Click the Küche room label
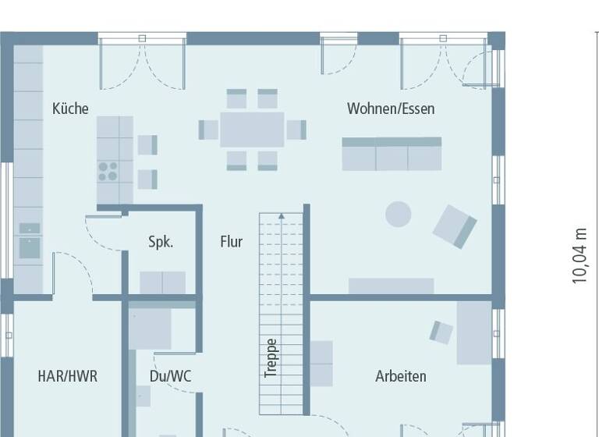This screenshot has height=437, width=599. [x=70, y=108]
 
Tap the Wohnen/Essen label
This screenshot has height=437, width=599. [x=391, y=108]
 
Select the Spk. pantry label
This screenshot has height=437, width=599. [x=161, y=242]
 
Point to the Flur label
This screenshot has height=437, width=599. [x=231, y=242]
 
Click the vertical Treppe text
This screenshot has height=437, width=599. [x=271, y=358]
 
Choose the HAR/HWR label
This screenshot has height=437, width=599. [x=68, y=376]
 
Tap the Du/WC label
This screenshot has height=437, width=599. [x=170, y=376]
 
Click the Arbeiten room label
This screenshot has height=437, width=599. [x=401, y=376]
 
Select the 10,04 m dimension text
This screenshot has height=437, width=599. [x=580, y=255]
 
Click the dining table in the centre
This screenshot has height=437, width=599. [x=252, y=130]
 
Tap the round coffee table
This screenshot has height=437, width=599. [x=399, y=215]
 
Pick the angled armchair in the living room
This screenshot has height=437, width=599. [x=455, y=226]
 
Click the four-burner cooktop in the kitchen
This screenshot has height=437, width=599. [x=108, y=171]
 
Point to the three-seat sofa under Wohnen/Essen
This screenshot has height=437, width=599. [x=392, y=154]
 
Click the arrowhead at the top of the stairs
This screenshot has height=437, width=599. [x=281, y=215]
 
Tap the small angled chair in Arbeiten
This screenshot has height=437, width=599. [x=441, y=332]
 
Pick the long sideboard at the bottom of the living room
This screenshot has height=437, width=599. [x=391, y=286]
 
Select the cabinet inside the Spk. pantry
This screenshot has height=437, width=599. [x=162, y=282]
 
